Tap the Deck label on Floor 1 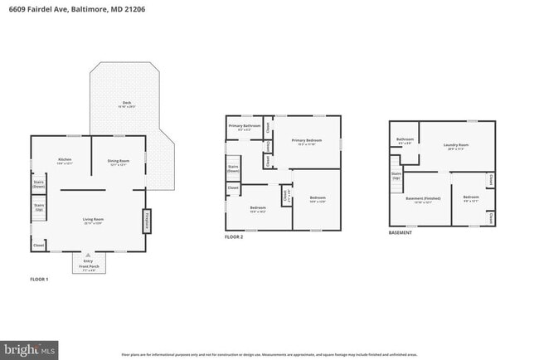coord(127,105)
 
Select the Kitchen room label coord(65,161)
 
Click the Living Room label coord(92,221)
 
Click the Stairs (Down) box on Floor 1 coord(38,185)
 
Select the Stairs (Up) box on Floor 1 coord(38,207)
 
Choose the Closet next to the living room coord(38,246)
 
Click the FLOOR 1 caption coord(39,280)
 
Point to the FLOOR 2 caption coord(234,237)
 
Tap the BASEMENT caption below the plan coord(401,233)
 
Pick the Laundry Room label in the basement coord(459,146)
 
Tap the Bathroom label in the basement coord(405,141)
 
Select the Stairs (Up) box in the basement coord(396,176)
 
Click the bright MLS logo coord(30,349)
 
